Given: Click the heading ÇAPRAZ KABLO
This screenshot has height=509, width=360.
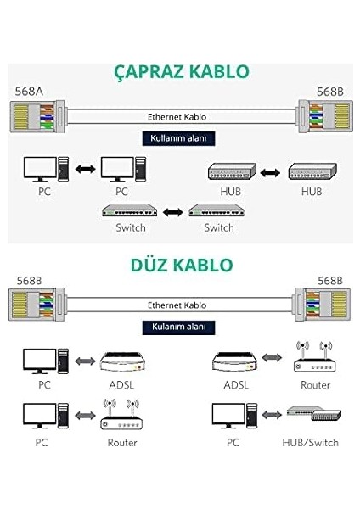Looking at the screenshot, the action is click(x=182, y=72).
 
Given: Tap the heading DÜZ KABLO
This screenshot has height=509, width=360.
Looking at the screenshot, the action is click(x=182, y=265).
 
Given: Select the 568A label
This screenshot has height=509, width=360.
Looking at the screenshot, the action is click(x=29, y=92).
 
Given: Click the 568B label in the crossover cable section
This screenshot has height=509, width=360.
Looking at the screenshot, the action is click(x=329, y=92).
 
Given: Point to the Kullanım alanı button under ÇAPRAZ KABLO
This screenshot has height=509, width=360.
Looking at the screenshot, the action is click(x=178, y=138).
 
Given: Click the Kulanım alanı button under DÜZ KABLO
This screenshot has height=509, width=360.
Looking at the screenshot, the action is click(x=178, y=327).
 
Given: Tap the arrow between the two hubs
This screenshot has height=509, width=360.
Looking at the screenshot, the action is click(x=270, y=172).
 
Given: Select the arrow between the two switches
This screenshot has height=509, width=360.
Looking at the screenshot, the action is click(x=172, y=212).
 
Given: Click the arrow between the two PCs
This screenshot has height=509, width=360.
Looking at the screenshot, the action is click(x=85, y=169).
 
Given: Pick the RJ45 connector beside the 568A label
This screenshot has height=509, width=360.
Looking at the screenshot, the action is click(x=37, y=116).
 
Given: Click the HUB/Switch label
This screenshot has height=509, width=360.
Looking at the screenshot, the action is click(x=310, y=443).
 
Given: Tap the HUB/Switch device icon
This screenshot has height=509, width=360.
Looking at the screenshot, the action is click(x=314, y=413).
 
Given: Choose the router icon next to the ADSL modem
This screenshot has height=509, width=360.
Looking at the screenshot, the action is click(x=314, y=357).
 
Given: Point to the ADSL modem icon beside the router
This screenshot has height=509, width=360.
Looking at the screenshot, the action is click(x=235, y=362).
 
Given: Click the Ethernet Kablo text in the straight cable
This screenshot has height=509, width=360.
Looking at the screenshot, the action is click(x=177, y=305).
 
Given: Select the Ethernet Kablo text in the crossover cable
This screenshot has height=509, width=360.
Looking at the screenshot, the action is click(x=177, y=117).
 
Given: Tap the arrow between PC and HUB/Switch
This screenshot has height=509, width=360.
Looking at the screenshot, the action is click(x=272, y=415).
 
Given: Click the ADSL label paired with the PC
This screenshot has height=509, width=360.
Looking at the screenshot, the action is click(x=121, y=385).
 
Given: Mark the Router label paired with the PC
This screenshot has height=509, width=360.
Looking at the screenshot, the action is click(x=122, y=443).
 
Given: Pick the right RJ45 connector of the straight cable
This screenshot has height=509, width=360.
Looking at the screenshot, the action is click(x=323, y=305).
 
